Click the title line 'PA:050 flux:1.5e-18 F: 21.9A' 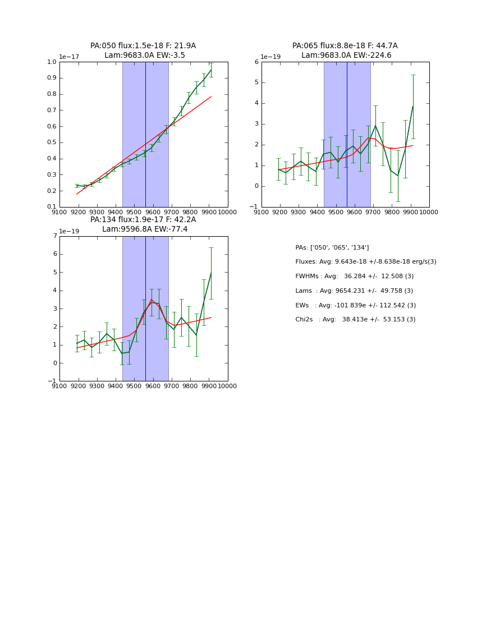[143, 46]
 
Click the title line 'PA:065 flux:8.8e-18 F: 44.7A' [345, 46]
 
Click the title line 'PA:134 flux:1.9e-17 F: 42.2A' [143, 220]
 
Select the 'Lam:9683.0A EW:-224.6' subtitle [346, 56]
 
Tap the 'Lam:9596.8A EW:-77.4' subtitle [145, 229]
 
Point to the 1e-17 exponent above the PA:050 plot [69, 57]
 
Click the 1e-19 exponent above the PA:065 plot [271, 57]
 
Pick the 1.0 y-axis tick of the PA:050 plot [52, 62]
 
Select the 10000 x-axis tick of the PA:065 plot [429, 212]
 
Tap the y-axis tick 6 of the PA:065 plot [256, 62]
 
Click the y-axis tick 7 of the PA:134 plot [54, 236]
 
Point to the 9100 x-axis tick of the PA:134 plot [59, 386]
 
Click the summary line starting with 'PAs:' [332, 247]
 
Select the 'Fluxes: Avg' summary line [365, 262]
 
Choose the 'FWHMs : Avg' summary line [354, 277]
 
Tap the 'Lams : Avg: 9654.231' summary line [354, 291]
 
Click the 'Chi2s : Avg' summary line [355, 320]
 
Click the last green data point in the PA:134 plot [211, 273]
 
